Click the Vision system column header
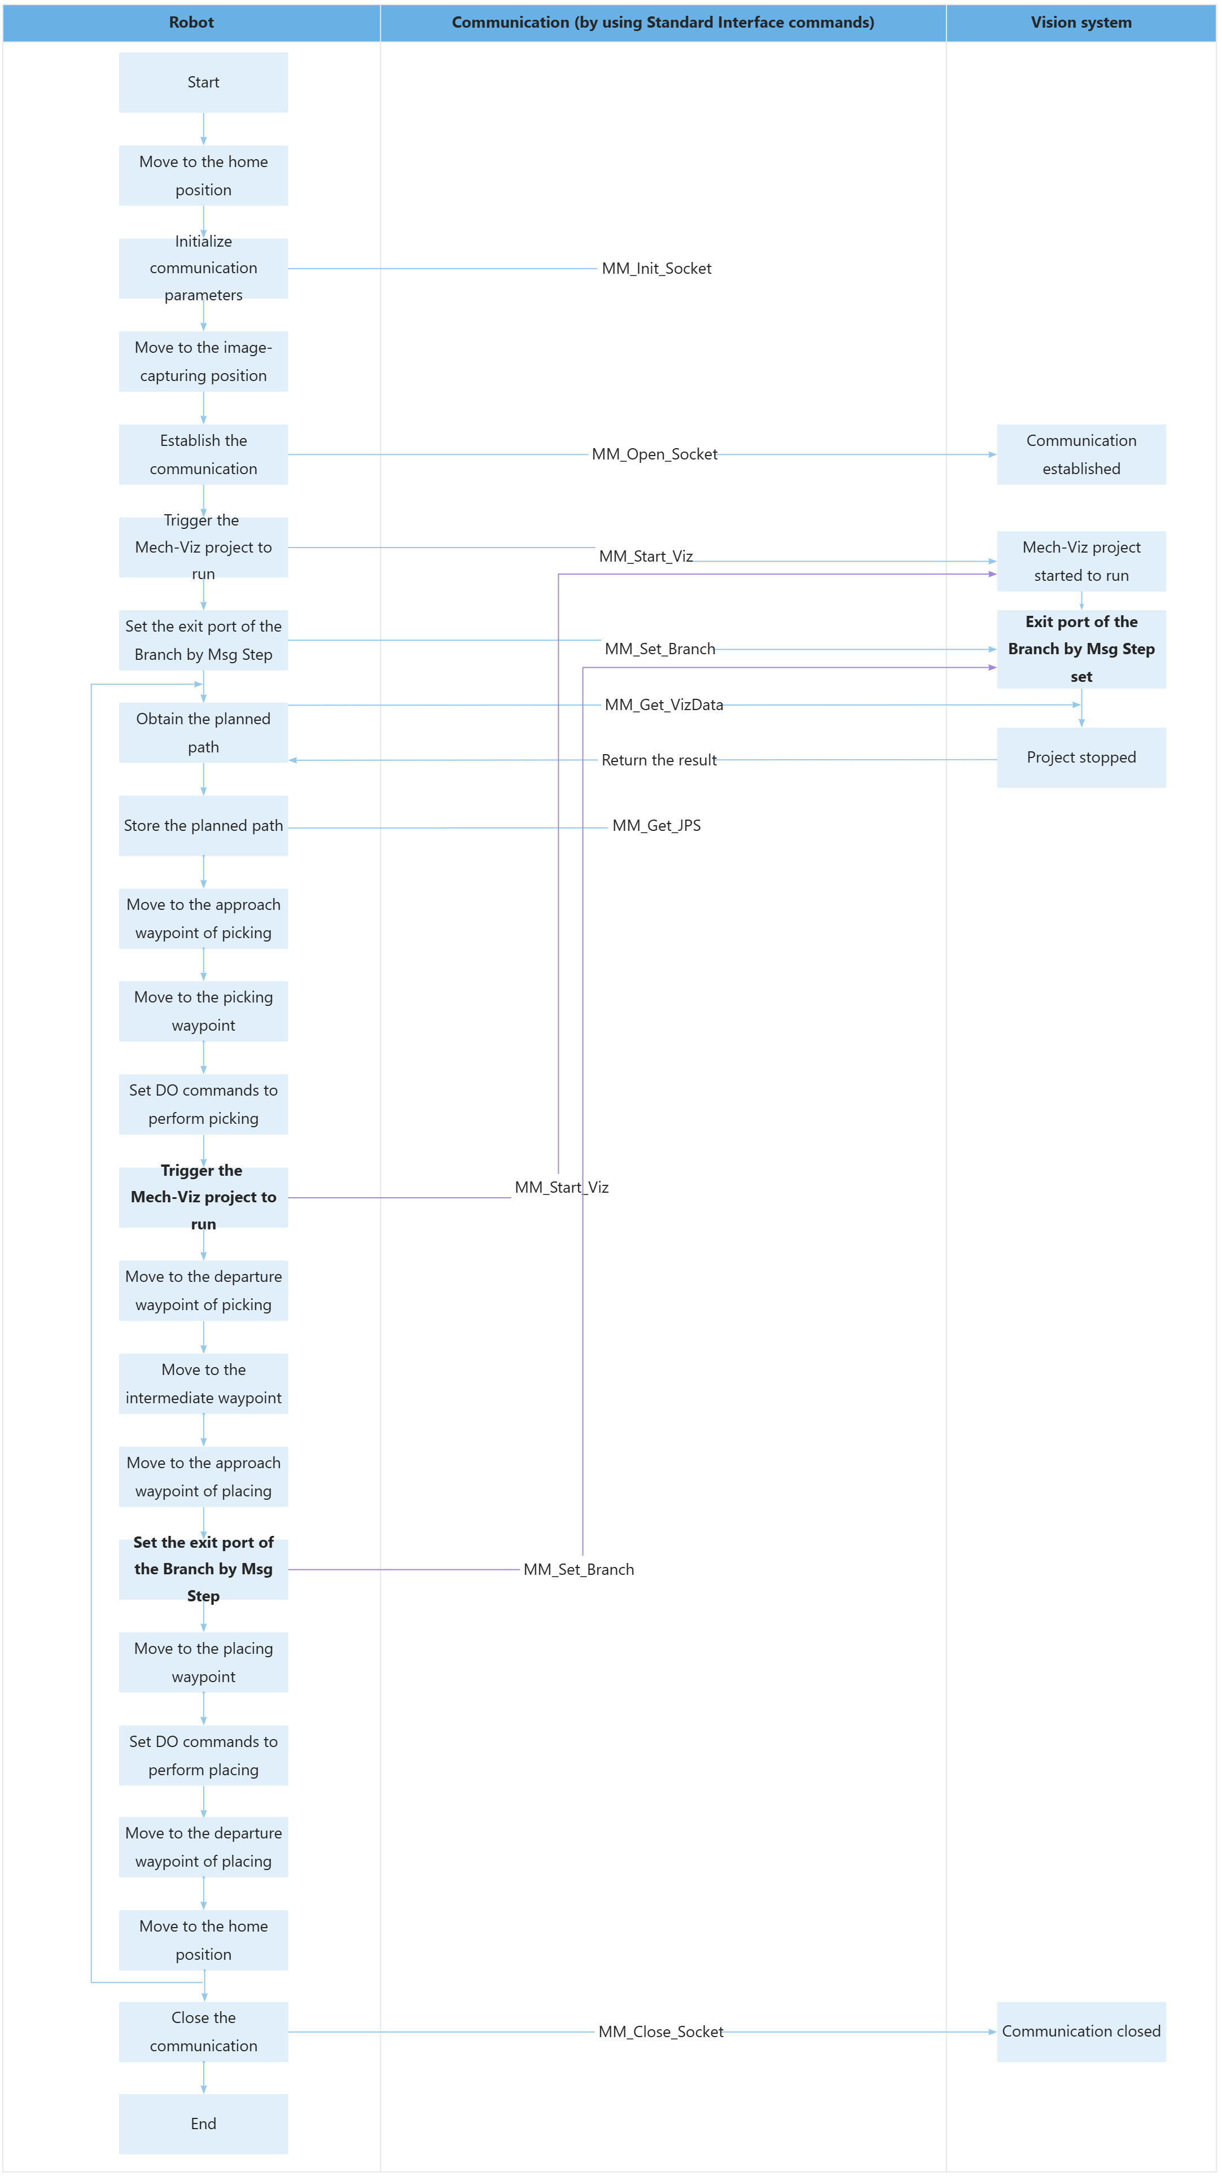(1080, 23)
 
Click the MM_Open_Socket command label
(654, 454)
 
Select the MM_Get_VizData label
(663, 704)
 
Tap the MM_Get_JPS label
(656, 825)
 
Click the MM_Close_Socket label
(660, 2031)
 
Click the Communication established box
(1081, 454)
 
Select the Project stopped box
(1081, 758)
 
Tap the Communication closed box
(1081, 2031)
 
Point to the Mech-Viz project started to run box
(1081, 561)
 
